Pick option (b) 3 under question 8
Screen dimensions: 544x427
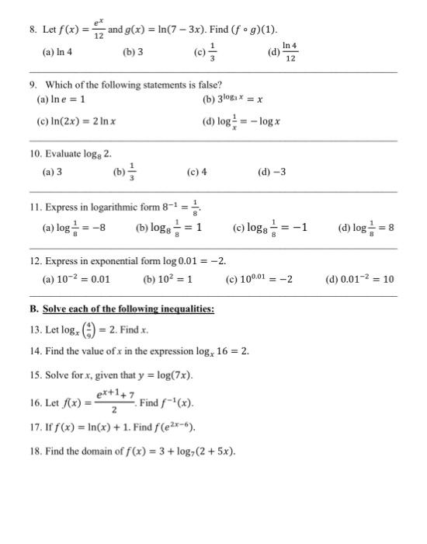coord(133,53)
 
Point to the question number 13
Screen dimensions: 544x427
coord(33,329)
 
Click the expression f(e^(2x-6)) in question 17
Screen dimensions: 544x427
coord(173,427)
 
